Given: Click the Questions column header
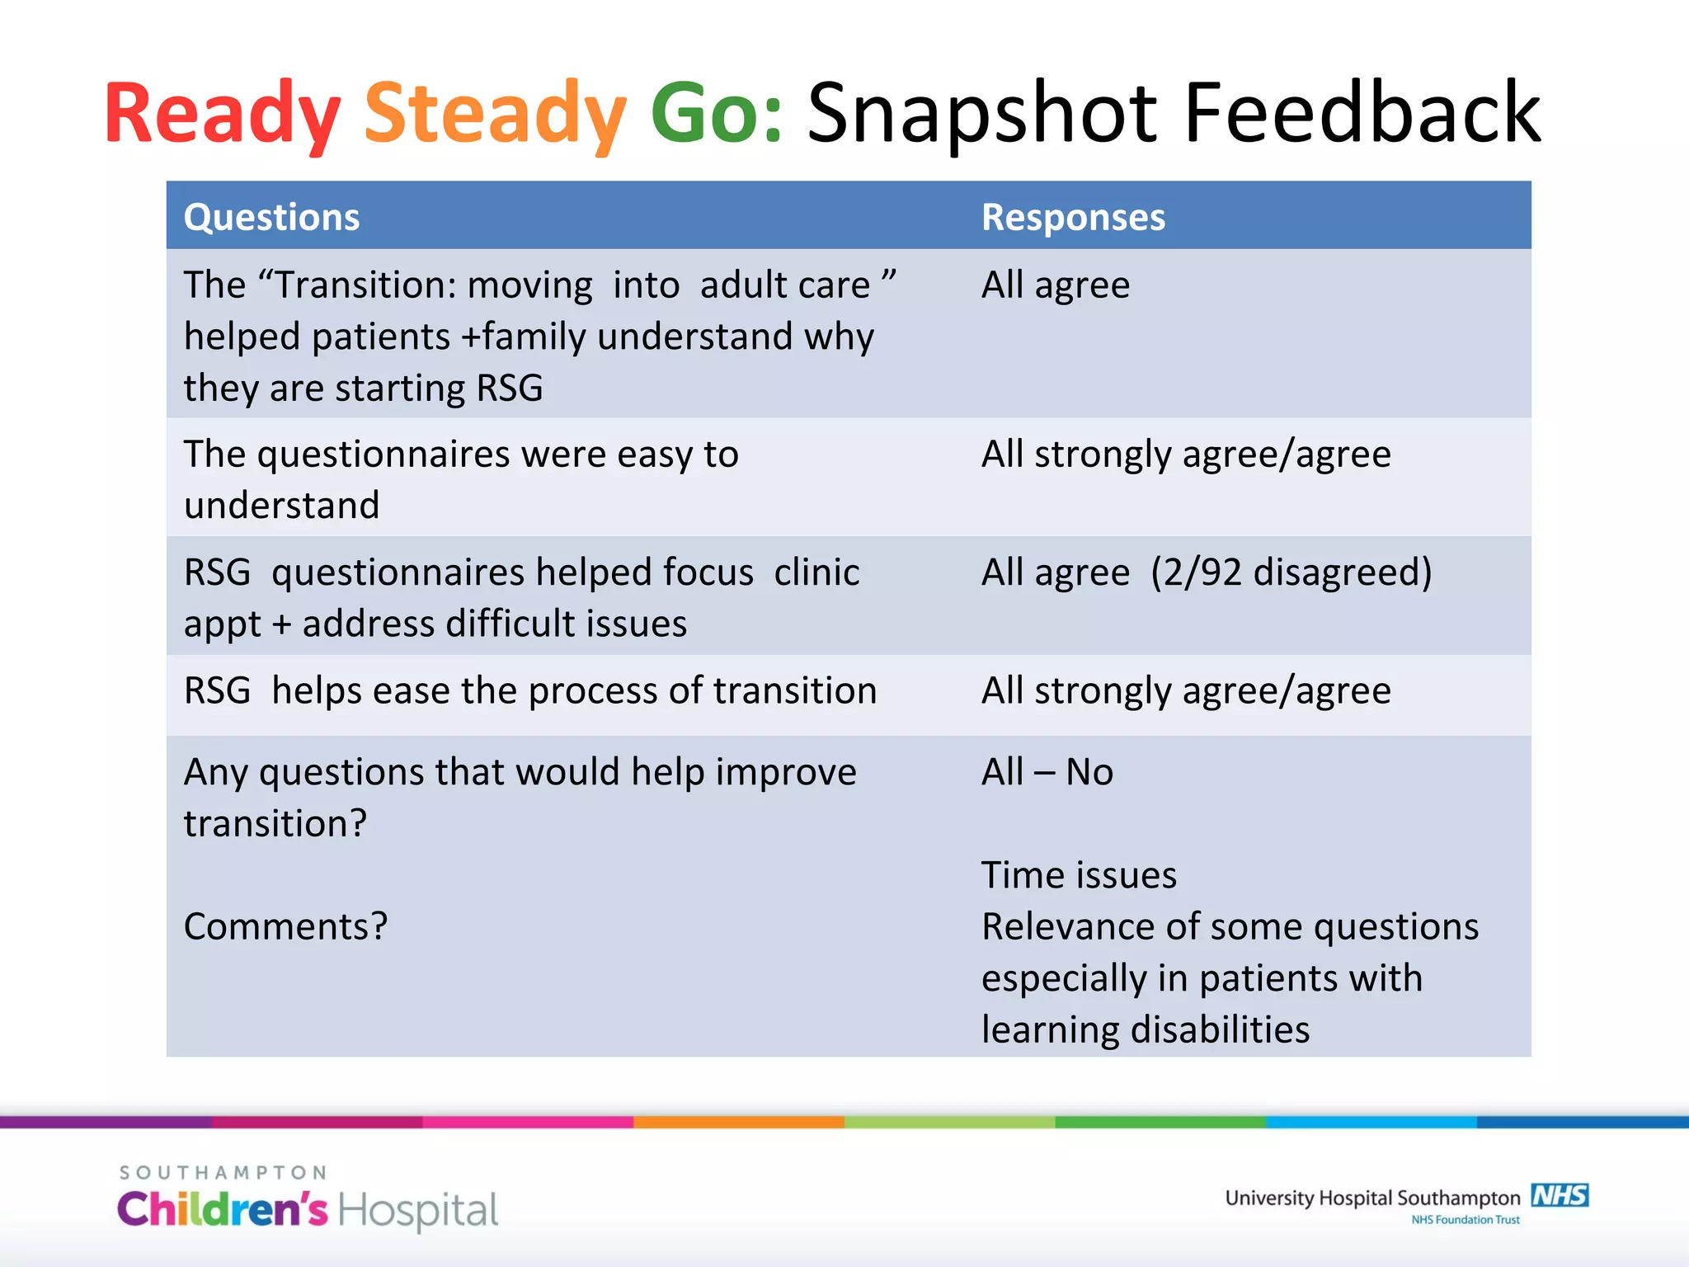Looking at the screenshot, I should [x=271, y=217].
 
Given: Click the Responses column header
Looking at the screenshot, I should [x=1073, y=217].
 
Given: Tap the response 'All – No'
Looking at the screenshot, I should [x=1047, y=772].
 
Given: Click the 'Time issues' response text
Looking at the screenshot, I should [x=1079, y=875].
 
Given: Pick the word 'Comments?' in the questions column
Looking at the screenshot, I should [x=285, y=926].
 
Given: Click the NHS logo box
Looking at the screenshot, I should [x=1560, y=1195].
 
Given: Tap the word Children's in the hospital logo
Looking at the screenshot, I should [x=222, y=1210].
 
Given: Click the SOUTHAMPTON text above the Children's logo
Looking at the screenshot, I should [x=223, y=1172].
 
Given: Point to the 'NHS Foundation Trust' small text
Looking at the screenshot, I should [x=1465, y=1220].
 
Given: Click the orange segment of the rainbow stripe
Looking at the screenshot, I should [x=738, y=1122].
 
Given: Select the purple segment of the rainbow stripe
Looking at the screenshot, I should [x=106, y=1122].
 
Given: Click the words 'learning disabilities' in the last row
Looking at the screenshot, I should [x=1145, y=1029].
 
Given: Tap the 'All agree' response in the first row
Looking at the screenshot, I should [x=1055, y=285].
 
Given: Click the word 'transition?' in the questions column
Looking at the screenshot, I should [x=275, y=823].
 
